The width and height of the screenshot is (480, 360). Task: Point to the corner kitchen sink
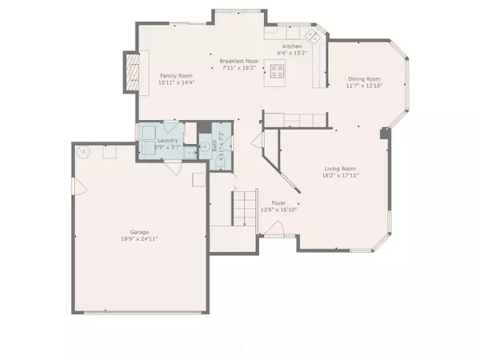pos(314,38)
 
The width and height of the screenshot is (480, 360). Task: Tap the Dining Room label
pos(363,79)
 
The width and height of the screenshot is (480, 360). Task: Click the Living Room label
pos(339,168)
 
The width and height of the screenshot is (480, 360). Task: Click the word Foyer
pos(278,203)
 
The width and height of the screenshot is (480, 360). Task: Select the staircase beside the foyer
pos(243,209)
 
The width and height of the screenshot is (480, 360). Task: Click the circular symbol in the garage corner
pos(83,152)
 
